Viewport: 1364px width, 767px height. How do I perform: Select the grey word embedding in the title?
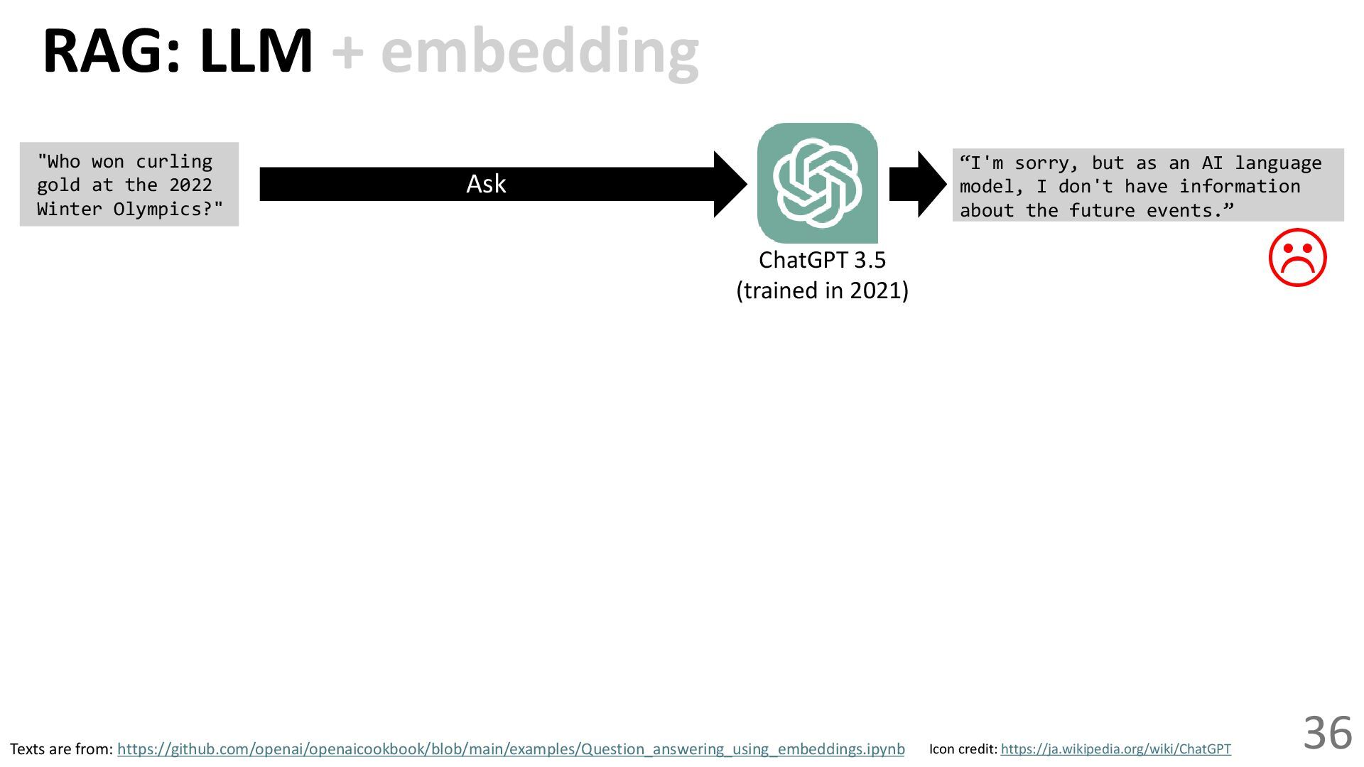tap(540, 52)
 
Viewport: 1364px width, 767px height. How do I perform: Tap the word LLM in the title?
tap(256, 52)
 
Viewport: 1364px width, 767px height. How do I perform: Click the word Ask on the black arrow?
tap(486, 184)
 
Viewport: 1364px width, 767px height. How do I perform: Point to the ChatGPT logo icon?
tap(818, 183)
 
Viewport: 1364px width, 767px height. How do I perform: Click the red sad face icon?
tap(1297, 258)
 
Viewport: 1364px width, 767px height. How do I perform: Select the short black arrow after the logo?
tap(917, 184)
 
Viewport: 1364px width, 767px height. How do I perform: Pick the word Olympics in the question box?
tap(158, 210)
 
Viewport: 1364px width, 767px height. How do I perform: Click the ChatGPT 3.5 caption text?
tap(822, 260)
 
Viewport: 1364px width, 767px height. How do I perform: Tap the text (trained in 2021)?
tap(822, 290)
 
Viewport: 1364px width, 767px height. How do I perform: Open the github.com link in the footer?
tap(511, 749)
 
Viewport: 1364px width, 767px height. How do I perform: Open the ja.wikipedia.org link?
tap(1115, 749)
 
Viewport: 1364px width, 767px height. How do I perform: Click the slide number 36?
tap(1327, 733)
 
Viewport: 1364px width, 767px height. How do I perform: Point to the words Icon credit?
tap(963, 749)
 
